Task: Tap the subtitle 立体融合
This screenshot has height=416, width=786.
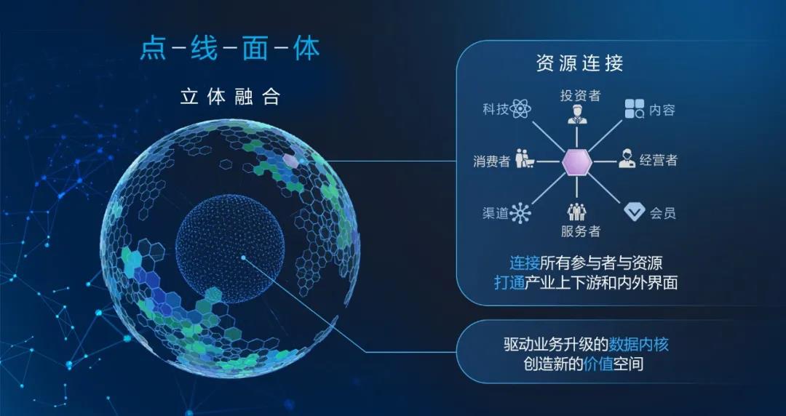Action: click(x=229, y=97)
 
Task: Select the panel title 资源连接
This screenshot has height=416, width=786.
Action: click(x=579, y=64)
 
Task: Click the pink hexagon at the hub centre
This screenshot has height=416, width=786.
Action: click(x=577, y=162)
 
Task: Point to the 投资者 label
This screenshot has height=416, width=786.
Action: click(x=580, y=95)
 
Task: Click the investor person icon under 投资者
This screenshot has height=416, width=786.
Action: click(x=577, y=114)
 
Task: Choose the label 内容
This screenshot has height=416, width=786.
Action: click(x=662, y=110)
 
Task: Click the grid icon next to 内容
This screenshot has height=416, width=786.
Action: click(x=634, y=109)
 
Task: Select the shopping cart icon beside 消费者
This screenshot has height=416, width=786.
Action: click(x=524, y=159)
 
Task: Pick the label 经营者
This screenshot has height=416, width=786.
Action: click(x=658, y=160)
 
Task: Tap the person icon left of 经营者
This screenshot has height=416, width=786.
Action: click(x=627, y=159)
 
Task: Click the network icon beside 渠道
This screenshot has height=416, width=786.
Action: click(x=520, y=213)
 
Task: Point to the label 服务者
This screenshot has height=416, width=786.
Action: click(x=581, y=231)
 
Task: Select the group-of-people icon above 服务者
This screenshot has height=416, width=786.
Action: click(x=577, y=212)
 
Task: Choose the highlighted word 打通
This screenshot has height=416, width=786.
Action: click(x=509, y=283)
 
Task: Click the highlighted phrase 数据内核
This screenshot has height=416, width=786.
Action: click(x=638, y=344)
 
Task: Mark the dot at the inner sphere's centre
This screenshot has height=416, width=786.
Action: click(x=243, y=257)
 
